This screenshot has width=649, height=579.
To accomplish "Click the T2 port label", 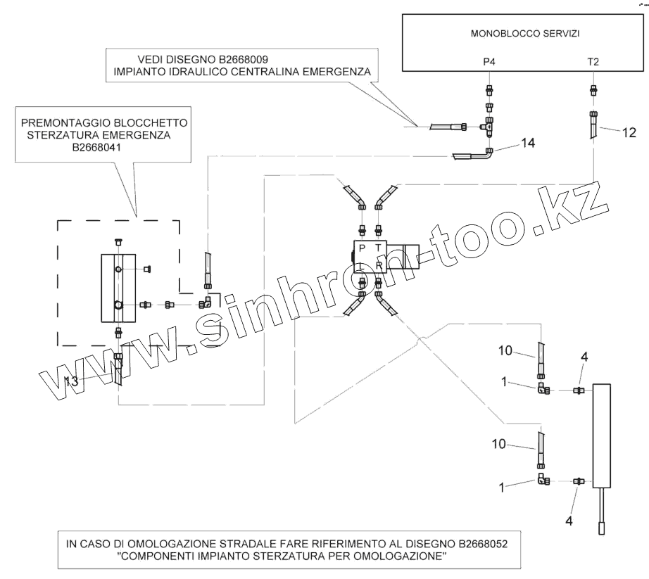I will [593, 61].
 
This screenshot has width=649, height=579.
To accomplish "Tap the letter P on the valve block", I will [361, 248].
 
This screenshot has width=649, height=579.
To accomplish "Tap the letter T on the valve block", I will [379, 248].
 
